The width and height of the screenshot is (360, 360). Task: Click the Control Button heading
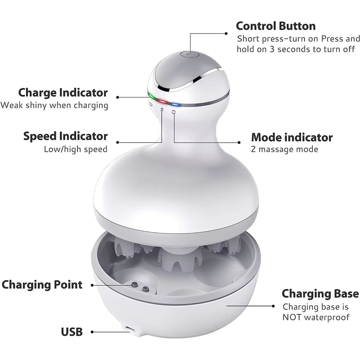pyautogui.click(x=276, y=26)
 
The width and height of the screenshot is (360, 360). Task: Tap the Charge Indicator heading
pyautogui.click(x=63, y=93)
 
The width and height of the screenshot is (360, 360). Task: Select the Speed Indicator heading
pyautogui.click(x=65, y=136)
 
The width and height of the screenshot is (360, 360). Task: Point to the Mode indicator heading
pyautogui.click(x=292, y=137)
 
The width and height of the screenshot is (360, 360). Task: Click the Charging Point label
pyautogui.click(x=42, y=285)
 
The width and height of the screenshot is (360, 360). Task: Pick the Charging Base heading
pyautogui.click(x=320, y=293)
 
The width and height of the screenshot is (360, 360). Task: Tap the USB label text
pyautogui.click(x=72, y=332)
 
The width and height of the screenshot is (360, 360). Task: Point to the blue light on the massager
pyautogui.click(x=175, y=105)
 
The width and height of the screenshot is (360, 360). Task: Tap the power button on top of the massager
pyautogui.click(x=189, y=55)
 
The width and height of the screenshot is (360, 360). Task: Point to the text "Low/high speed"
pyautogui.click(x=76, y=149)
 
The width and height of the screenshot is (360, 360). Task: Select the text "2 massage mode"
pyautogui.click(x=285, y=149)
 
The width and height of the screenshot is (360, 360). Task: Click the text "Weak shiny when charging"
pyautogui.click(x=54, y=105)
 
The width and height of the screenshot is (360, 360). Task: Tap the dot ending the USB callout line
pyautogui.click(x=92, y=332)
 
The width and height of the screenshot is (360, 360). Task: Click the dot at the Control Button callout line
pyautogui.click(x=226, y=33)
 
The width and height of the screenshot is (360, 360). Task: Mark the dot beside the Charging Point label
pyautogui.click(x=92, y=285)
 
